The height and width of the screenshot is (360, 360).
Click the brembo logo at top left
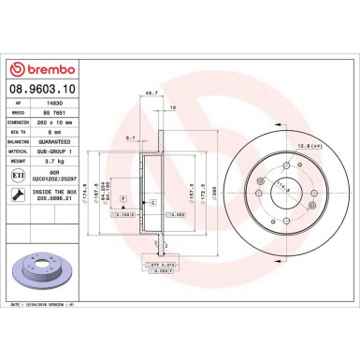[x=43, y=69]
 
